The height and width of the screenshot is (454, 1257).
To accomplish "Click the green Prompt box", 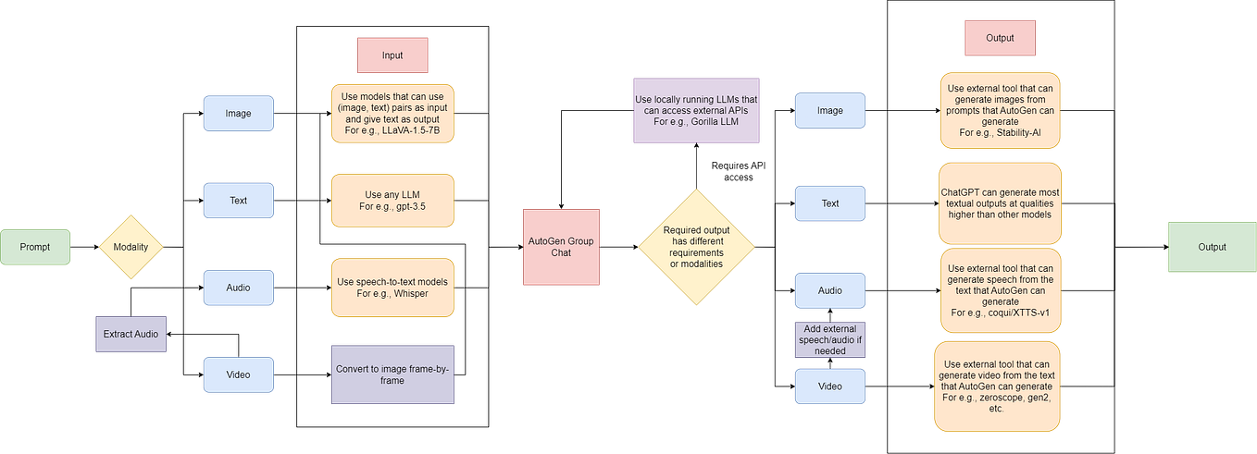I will click(x=36, y=247).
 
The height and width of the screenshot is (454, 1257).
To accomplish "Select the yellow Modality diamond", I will click(x=131, y=247).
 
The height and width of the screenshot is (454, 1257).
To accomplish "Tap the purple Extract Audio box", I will click(x=131, y=332).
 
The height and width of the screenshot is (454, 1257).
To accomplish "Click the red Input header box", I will click(x=392, y=55).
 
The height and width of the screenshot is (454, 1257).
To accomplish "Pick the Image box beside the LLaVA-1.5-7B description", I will click(x=238, y=114).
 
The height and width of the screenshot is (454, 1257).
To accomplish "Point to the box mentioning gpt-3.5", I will click(x=392, y=201).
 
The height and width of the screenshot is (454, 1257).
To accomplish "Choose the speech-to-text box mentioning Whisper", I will click(x=392, y=287).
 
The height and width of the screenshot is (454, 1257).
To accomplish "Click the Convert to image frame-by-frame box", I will click(x=392, y=374).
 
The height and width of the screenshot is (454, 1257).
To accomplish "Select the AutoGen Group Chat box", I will click(x=561, y=246).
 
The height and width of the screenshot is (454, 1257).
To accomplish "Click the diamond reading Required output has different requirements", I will click(x=696, y=247).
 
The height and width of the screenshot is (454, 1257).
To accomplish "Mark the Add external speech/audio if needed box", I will click(x=830, y=338).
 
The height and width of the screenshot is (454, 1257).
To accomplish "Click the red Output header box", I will click(x=1000, y=38).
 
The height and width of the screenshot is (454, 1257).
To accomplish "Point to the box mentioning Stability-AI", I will click(x=1000, y=109).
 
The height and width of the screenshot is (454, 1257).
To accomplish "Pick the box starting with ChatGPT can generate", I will click(x=1000, y=202).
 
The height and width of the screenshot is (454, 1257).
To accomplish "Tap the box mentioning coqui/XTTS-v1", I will click(x=1000, y=290).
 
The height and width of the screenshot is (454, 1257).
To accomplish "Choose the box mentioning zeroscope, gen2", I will click(x=1000, y=386).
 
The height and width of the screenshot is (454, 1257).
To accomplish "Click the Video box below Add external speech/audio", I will click(x=830, y=386).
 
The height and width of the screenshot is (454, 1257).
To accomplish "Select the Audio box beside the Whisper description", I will click(x=238, y=287).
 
